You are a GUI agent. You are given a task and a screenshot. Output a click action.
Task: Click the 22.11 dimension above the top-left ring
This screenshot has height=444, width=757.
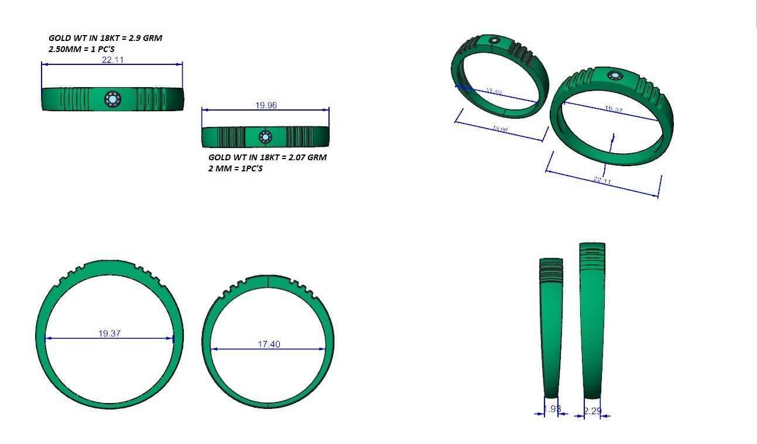coord(112,60)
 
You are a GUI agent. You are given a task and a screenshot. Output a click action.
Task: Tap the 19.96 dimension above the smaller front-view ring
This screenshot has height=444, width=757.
coord(266,105)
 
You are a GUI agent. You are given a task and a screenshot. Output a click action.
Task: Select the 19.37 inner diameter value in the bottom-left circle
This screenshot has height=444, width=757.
coord(109,333)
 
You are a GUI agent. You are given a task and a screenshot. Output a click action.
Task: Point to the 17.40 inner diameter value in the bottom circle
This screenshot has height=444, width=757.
coord(269,344)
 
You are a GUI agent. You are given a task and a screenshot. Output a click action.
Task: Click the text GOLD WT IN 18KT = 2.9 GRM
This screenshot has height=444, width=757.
coord(105,38)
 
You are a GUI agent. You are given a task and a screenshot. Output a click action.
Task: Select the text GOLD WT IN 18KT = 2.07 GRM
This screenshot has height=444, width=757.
coord(268,157)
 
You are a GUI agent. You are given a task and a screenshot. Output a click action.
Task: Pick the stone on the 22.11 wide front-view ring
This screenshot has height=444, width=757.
coord(112,99)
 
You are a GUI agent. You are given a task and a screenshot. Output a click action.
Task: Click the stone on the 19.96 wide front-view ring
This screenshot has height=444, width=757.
coord(265,137)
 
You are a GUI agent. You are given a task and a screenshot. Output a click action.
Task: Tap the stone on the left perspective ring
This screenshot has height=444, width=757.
coord(495,41)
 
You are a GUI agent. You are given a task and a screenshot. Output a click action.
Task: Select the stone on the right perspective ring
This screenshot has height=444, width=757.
coord(615,75)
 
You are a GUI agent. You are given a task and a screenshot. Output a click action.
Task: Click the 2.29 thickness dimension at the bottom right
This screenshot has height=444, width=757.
coord(592,411)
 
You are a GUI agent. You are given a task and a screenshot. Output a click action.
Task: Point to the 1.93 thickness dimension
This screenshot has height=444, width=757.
coord(552,409)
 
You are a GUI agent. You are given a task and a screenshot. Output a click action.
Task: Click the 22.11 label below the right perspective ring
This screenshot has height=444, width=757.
coord(602,181)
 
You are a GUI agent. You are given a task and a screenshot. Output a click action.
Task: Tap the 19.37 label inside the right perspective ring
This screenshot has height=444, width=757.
coord(613,109)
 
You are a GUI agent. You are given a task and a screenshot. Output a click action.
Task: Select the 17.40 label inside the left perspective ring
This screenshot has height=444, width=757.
coord(494,92)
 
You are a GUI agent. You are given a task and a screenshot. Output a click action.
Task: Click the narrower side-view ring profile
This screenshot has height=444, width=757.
coord(551,328)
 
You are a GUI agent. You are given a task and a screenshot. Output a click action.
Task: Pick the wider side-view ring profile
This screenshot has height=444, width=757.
coord(592,319)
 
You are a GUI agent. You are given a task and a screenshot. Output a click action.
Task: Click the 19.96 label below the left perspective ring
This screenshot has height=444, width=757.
coord(499,129)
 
